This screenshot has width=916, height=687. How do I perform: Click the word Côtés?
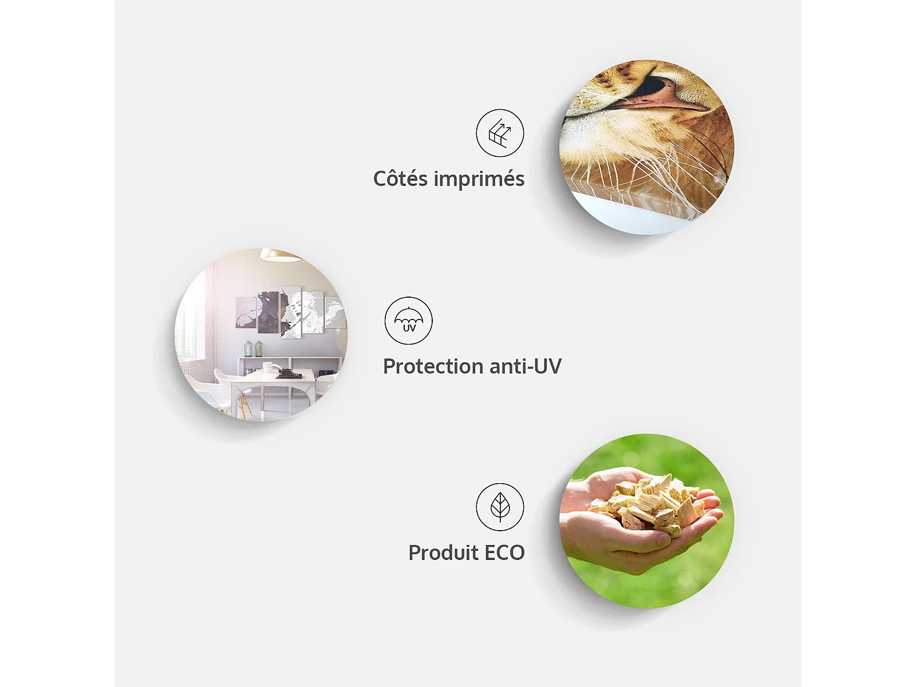tap(400, 179)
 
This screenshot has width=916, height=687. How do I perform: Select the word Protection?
tap(432, 366)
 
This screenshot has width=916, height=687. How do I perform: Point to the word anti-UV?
tap(525, 366)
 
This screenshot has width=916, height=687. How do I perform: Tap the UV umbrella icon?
tap(409, 321)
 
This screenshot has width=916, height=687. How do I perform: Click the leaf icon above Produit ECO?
tap(500, 507)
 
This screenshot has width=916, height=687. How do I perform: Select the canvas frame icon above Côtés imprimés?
tap(500, 133)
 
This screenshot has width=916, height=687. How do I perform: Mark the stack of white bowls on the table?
tap(267, 367)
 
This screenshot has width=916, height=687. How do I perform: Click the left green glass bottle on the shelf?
tap(248, 349)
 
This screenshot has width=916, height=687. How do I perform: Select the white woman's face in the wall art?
tap(298, 309)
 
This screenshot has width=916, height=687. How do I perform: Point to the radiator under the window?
tap(196, 373)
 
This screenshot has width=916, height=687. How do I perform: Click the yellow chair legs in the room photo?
tap(244, 406)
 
